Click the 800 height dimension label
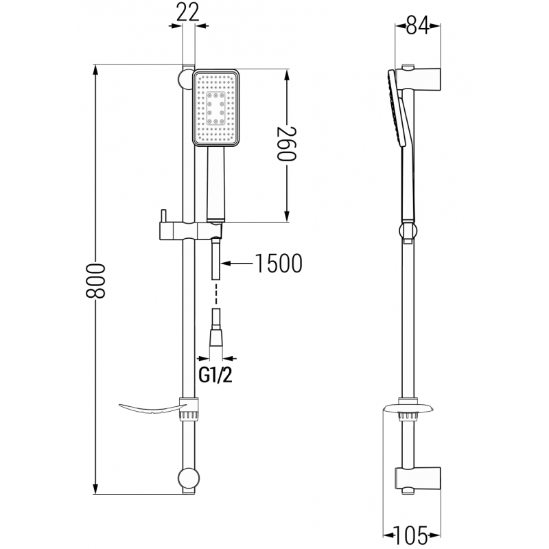[x=97, y=279]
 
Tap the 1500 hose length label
[x=279, y=263]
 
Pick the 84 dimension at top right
[x=417, y=26]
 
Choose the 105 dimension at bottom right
[x=415, y=533]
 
